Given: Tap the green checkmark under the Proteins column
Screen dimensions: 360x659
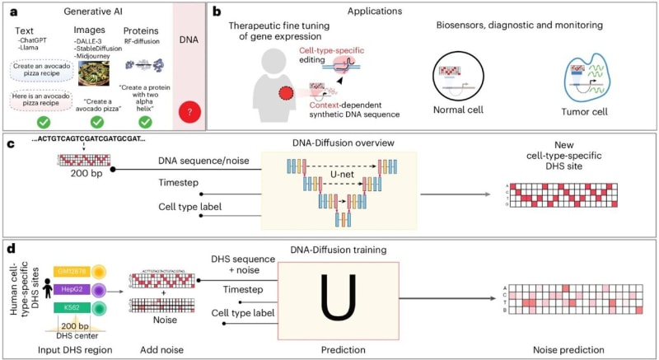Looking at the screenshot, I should pos(145,122).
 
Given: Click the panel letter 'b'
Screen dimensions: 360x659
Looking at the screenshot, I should pos(216,12).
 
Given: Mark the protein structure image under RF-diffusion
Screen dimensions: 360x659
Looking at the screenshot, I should pos(145,62).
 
